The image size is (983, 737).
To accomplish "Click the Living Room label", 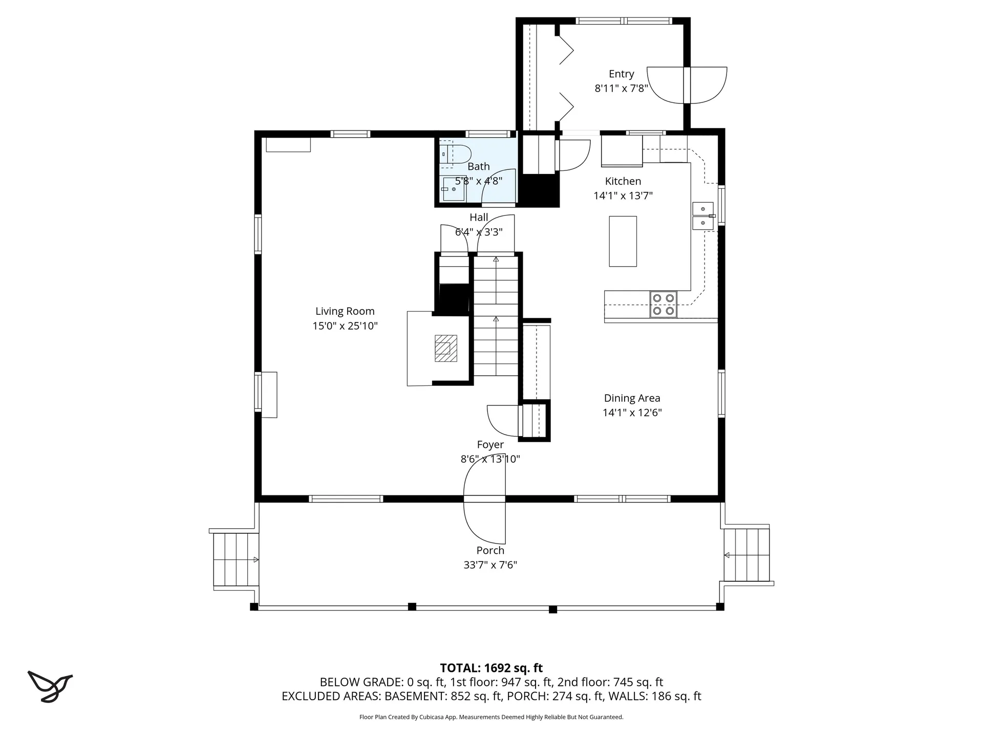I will [345, 311].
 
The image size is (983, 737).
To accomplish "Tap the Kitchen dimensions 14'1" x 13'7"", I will [623, 196].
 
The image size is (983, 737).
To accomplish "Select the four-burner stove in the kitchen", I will [663, 305].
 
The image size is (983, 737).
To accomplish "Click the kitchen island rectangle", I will [623, 241].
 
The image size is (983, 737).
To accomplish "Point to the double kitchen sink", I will [703, 216].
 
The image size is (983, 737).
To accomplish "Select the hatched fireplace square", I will [445, 348].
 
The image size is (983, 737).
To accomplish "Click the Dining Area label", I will [632, 398].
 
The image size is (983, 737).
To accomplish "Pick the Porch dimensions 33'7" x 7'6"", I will [490, 565].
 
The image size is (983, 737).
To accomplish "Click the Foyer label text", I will [490, 445].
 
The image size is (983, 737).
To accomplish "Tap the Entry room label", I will [621, 74].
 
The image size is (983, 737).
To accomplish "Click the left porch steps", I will [236, 559].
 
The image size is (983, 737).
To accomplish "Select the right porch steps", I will [746, 555].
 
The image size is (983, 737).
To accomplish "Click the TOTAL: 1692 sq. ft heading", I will [491, 668].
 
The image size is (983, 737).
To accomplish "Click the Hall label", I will [478, 218].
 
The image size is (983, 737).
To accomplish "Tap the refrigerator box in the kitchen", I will [622, 150].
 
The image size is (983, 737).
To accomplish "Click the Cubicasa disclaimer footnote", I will [491, 717].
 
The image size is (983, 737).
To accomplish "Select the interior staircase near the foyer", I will [496, 317].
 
